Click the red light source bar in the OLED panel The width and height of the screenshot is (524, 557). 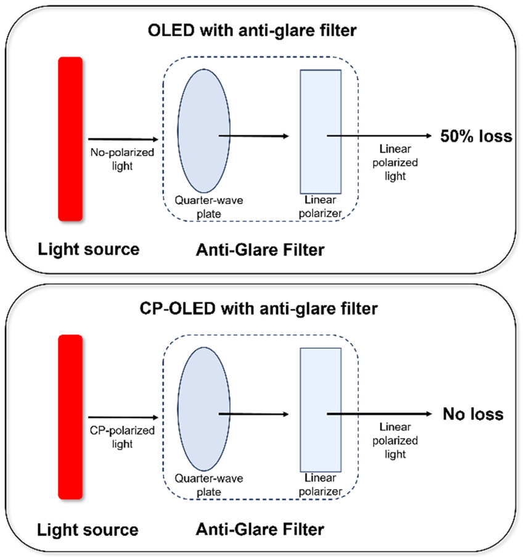pyautogui.click(x=70, y=138)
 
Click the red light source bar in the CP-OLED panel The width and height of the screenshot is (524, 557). pyautogui.click(x=70, y=416)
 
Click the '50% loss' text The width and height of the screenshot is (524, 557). pyautogui.click(x=475, y=136)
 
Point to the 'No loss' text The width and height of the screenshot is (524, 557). pyautogui.click(x=473, y=414)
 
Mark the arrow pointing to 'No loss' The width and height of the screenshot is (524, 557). pyautogui.click(x=379, y=414)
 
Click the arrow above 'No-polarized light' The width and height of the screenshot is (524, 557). pyautogui.click(x=124, y=139)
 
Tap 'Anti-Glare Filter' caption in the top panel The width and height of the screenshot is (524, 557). pyautogui.click(x=260, y=250)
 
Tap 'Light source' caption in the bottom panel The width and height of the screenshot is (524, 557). pyautogui.click(x=88, y=529)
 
